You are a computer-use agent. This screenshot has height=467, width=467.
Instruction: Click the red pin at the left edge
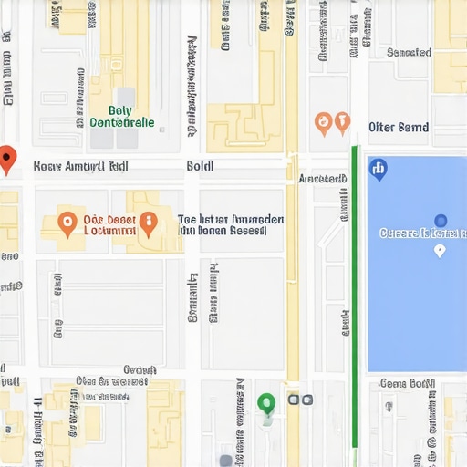click(x=7, y=158)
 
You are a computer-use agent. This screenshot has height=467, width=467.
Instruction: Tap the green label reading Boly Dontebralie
click(x=122, y=116)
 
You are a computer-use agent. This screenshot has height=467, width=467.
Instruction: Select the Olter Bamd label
click(x=399, y=127)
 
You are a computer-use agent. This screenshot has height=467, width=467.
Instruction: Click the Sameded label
click(x=409, y=52)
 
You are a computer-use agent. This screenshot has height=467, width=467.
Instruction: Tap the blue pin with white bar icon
click(x=378, y=168)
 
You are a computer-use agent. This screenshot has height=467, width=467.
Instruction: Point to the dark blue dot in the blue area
click(x=441, y=220)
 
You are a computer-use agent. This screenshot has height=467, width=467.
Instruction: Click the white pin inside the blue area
click(x=439, y=250)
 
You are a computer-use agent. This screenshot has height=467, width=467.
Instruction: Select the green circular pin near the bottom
click(x=266, y=402)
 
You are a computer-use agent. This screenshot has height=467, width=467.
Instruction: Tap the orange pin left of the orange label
click(x=67, y=221)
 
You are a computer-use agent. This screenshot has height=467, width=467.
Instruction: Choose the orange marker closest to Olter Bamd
click(x=342, y=121)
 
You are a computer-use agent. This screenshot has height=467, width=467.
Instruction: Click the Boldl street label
click(x=200, y=166)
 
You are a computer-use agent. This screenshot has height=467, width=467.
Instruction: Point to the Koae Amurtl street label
click(x=80, y=167)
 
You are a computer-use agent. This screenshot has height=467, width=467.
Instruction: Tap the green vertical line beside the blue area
click(x=355, y=292)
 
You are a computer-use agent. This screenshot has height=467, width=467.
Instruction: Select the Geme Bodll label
click(x=407, y=383)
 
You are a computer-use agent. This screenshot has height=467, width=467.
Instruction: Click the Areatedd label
click(x=323, y=179)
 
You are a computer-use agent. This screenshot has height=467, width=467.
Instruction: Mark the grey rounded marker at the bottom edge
click(x=225, y=461)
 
